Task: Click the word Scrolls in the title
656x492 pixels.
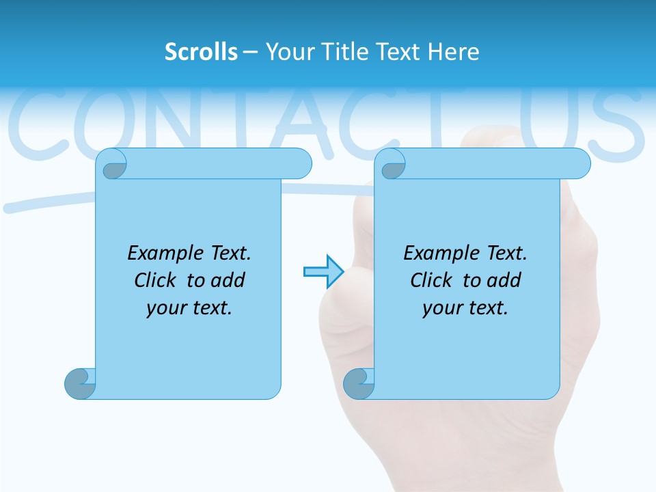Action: (202, 52)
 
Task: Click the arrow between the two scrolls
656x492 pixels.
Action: (323, 271)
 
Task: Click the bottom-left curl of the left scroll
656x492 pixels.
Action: (80, 383)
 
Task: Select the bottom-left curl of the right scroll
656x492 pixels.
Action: (359, 383)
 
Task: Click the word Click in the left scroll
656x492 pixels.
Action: (156, 280)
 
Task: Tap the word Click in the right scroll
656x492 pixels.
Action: (432, 280)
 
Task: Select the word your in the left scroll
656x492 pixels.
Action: (164, 308)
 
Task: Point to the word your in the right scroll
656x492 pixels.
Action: (441, 308)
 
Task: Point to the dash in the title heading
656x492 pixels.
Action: (250, 52)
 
